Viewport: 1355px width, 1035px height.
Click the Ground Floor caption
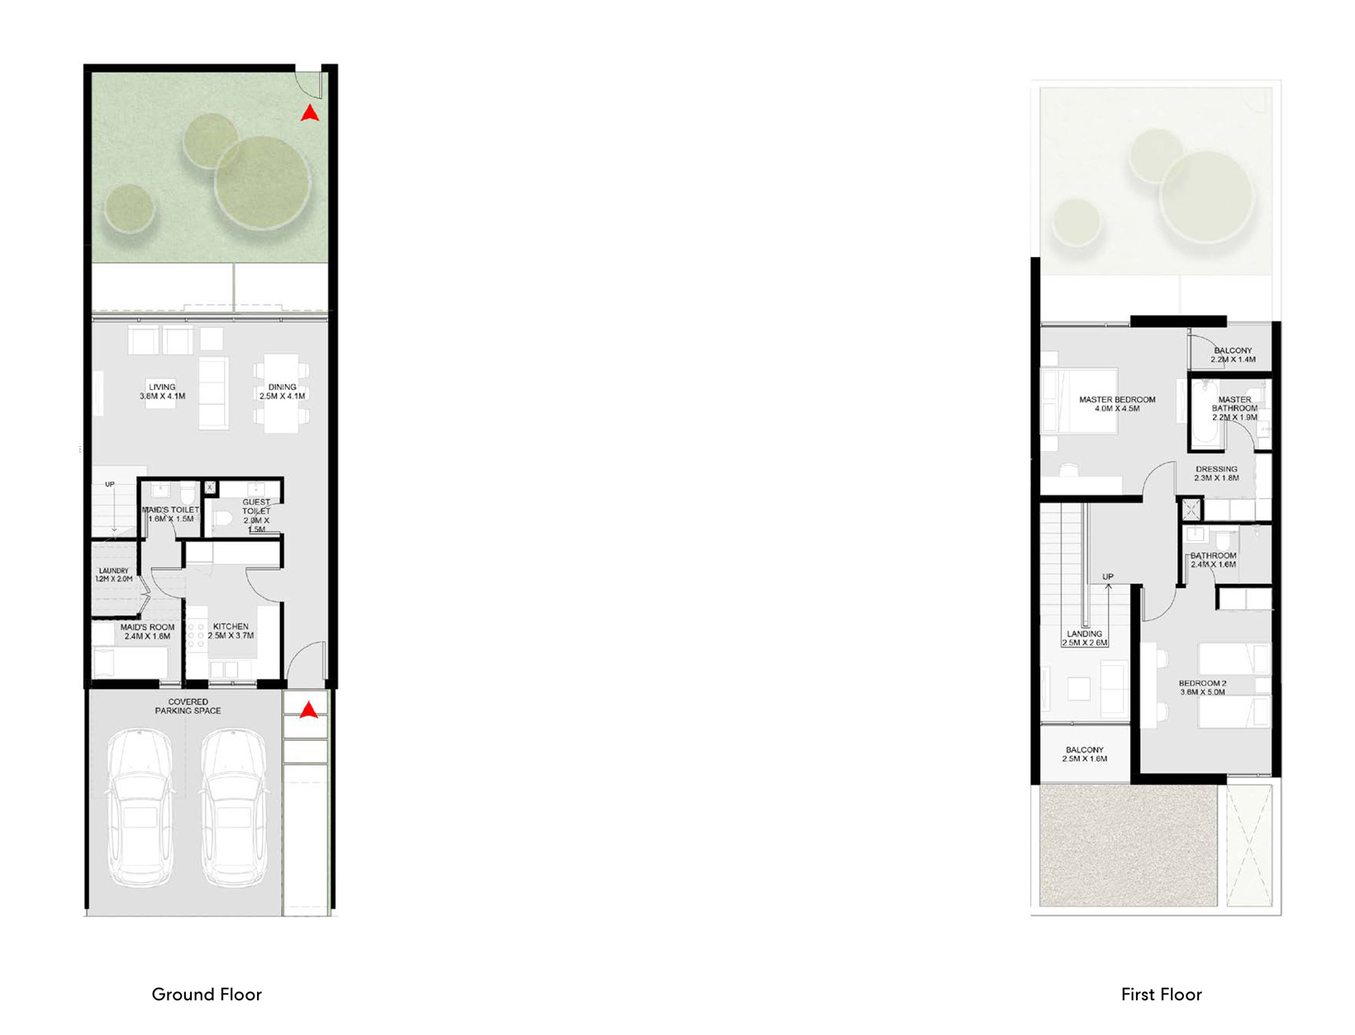coord(207,995)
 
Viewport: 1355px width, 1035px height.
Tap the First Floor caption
coord(1161,995)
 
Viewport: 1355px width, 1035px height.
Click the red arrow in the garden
coord(310,113)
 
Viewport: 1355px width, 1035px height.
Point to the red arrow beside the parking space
coord(308,710)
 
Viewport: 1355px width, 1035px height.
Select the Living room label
coord(162,392)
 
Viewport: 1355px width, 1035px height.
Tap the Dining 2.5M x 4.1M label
coord(282,392)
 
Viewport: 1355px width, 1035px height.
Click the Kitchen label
coord(231,631)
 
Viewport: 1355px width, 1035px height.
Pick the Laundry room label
coord(114,575)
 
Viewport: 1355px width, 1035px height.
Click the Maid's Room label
coord(147,632)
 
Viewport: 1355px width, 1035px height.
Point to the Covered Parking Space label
coord(188,706)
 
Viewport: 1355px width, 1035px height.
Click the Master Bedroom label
coord(1117,404)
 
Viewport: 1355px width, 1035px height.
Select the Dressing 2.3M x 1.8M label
coord(1216,473)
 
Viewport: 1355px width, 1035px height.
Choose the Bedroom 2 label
coord(1202,687)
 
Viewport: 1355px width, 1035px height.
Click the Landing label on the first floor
coord(1084,638)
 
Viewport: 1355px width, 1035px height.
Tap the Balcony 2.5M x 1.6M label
coord(1084,754)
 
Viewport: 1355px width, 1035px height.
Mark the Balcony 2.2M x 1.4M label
coord(1233,355)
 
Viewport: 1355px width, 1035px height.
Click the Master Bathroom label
coord(1234,408)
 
